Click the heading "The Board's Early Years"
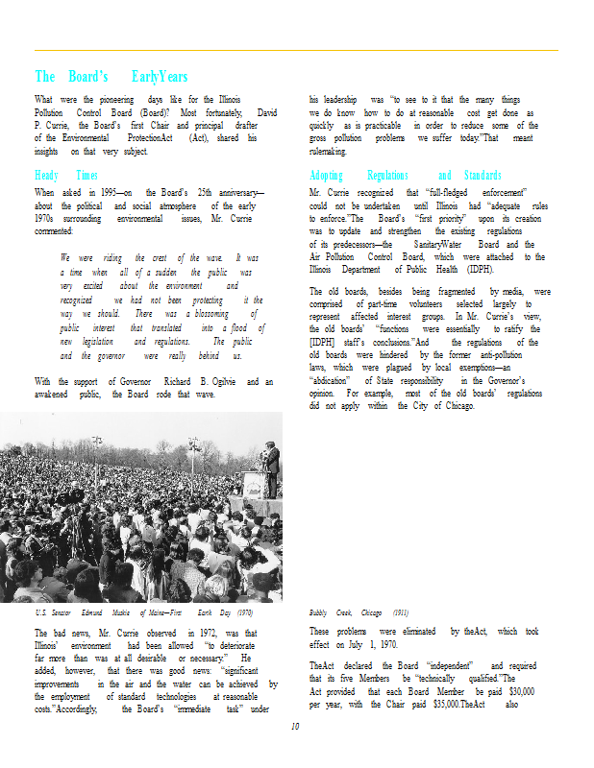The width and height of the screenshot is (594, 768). click(111, 77)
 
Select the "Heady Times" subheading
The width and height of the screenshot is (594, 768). click(66, 176)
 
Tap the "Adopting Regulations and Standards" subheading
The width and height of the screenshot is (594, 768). click(406, 176)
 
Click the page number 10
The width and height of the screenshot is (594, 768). click(296, 726)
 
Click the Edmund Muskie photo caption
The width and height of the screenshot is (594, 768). click(144, 612)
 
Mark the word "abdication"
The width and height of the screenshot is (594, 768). click(330, 379)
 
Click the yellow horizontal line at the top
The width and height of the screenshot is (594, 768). click(296, 50)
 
